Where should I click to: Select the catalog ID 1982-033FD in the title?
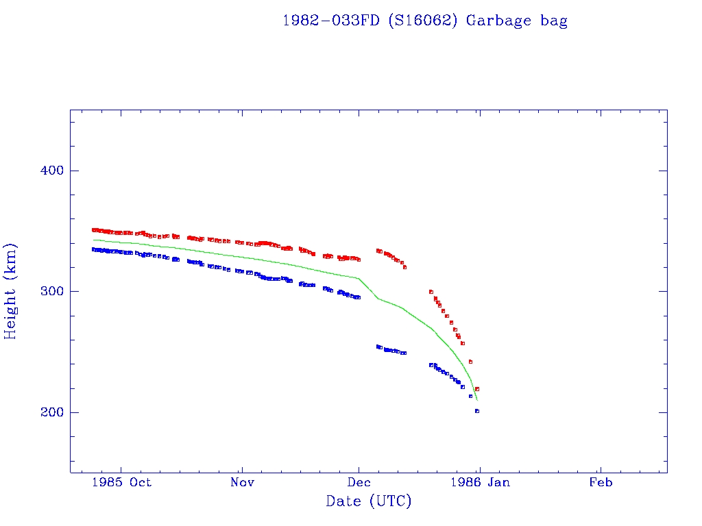[331, 21]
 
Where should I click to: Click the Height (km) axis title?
[10, 291]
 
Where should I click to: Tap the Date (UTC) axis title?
[369, 501]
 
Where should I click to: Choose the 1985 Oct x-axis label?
[122, 482]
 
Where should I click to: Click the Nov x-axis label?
[242, 482]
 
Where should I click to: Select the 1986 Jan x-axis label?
[480, 482]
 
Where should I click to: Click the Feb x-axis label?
[601, 482]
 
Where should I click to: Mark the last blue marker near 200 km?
[477, 411]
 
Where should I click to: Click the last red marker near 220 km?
[477, 389]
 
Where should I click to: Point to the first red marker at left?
[94, 230]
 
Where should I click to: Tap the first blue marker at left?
[94, 249]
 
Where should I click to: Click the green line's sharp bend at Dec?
[359, 279]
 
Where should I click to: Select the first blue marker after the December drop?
[378, 347]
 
